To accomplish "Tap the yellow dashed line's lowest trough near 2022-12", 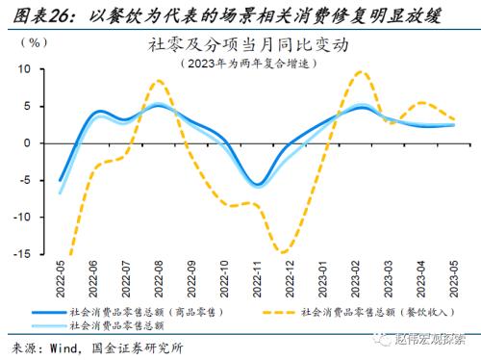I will click(x=285, y=252).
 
